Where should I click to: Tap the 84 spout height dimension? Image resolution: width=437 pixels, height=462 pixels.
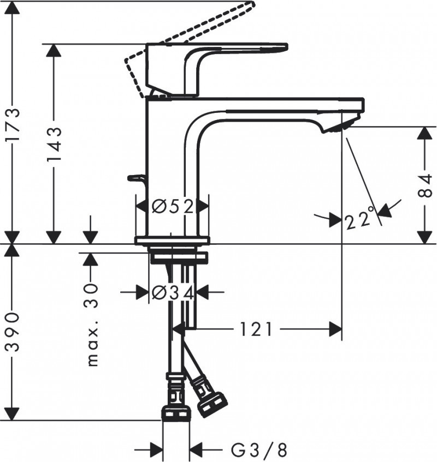[426, 185]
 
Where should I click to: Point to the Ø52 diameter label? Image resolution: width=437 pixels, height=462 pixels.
[172, 207]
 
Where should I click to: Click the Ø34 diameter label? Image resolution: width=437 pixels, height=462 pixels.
[172, 293]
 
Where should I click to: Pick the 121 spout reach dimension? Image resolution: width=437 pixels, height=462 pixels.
[254, 329]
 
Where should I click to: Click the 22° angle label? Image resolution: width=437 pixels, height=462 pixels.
[361, 220]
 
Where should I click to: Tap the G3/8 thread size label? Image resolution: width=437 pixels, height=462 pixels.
[259, 450]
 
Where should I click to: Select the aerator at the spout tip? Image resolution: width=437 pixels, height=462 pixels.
[339, 127]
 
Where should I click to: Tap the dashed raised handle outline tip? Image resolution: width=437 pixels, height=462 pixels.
[249, 6]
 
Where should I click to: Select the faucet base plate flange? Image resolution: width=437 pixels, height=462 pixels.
[172, 241]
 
